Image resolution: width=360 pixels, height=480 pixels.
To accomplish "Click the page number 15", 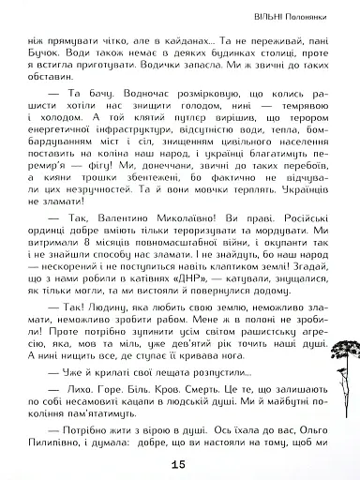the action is tap(180, 463).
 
